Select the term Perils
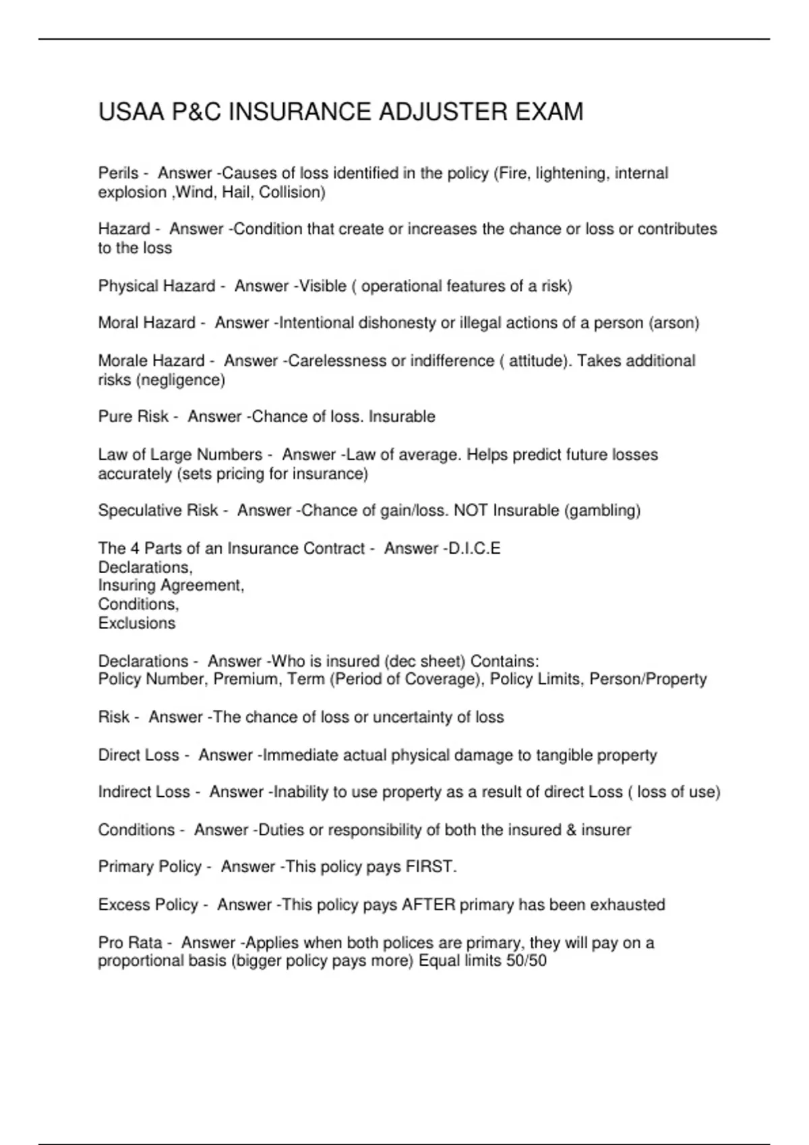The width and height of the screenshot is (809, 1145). click(118, 173)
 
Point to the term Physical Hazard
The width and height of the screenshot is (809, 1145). click(156, 286)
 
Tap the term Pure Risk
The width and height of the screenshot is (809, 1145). click(133, 416)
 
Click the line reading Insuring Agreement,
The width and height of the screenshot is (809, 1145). click(171, 585)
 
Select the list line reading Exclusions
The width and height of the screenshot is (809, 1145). click(137, 623)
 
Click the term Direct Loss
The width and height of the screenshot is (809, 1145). click(138, 755)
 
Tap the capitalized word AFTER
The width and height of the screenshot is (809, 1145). click(429, 905)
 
